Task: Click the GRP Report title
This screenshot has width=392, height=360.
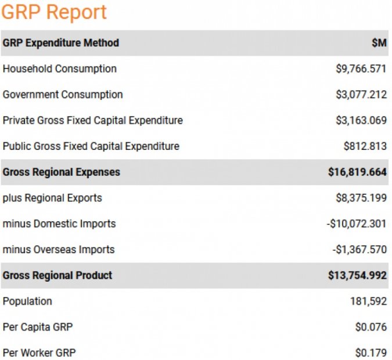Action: tap(55, 12)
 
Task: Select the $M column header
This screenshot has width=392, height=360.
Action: tap(379, 43)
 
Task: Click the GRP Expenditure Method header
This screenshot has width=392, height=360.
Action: tap(60, 43)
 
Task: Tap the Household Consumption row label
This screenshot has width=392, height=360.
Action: tap(59, 69)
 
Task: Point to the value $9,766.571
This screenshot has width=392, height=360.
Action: tap(361, 69)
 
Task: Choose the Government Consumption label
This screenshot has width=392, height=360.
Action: tap(63, 95)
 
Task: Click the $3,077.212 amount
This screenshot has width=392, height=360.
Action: tap(361, 95)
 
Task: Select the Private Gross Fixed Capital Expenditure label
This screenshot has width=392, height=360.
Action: tap(92, 120)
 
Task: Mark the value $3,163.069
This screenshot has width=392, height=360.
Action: tap(361, 120)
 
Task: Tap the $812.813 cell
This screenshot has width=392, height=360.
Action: tap(364, 146)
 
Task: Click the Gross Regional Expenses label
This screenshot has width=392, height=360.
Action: tap(61, 172)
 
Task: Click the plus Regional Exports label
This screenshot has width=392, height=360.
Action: tap(52, 198)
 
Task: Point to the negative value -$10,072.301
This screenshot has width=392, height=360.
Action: tap(356, 224)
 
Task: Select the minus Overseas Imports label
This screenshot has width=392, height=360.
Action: tap(58, 250)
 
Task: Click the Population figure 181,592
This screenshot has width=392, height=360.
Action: tap(367, 301)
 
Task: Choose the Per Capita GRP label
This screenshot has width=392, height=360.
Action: tap(38, 327)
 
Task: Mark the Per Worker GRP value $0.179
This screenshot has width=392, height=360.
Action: tap(371, 352)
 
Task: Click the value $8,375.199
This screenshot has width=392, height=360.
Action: tap(361, 198)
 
